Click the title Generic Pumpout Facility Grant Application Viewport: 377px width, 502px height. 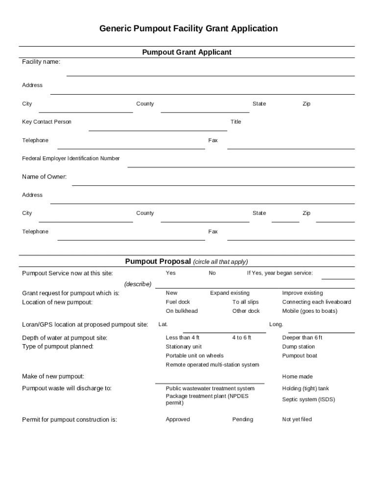[188, 28]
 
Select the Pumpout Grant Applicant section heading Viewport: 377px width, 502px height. [187, 52]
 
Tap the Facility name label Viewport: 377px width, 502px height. [41, 62]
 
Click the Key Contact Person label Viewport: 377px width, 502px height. [47, 122]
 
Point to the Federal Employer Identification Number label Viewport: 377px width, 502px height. [71, 158]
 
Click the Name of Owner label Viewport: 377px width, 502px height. [45, 176]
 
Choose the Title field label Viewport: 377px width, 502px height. [236, 122]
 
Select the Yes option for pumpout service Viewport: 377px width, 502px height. [170, 273]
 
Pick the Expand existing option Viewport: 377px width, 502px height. [230, 293]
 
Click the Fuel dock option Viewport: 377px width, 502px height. [178, 302]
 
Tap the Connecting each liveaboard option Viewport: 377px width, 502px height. [316, 302]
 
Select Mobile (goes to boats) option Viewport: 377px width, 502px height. [309, 311]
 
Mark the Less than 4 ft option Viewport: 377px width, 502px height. [182, 338]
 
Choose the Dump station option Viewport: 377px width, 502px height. [298, 347]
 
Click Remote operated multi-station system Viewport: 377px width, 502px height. [212, 365]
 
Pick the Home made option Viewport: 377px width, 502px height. [297, 376]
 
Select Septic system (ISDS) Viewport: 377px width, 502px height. [308, 399]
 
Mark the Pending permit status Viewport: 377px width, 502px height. [243, 419]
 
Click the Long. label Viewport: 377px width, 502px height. [276, 324]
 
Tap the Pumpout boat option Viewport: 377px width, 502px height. [300, 355]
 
